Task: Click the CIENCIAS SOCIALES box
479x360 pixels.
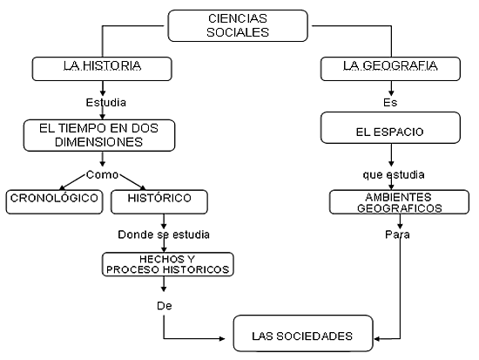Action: click(238, 25)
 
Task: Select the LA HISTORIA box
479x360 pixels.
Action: click(102, 69)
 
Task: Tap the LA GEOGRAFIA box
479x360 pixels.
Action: click(390, 69)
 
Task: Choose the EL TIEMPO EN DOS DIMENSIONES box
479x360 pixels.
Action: click(99, 135)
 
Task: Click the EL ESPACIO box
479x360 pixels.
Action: click(390, 127)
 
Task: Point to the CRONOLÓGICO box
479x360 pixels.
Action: click(54, 202)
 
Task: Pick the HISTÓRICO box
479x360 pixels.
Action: click(159, 202)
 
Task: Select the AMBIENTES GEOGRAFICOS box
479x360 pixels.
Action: click(399, 202)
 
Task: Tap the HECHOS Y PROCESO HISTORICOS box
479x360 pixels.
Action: click(168, 264)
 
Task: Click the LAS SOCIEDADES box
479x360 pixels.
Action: click(303, 333)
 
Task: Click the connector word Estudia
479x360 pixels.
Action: click(105, 102)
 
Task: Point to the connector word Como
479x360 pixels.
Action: click(102, 174)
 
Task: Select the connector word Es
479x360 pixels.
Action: click(390, 102)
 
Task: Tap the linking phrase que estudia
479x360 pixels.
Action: click(394, 174)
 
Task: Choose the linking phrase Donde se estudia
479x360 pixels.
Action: click(164, 234)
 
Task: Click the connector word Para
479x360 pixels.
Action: click(397, 234)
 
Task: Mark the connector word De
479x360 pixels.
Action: click(165, 306)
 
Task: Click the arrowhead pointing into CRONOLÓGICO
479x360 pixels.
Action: click(62, 187)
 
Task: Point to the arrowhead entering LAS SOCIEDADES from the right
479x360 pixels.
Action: click(376, 339)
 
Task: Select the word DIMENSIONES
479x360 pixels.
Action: click(98, 142)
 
